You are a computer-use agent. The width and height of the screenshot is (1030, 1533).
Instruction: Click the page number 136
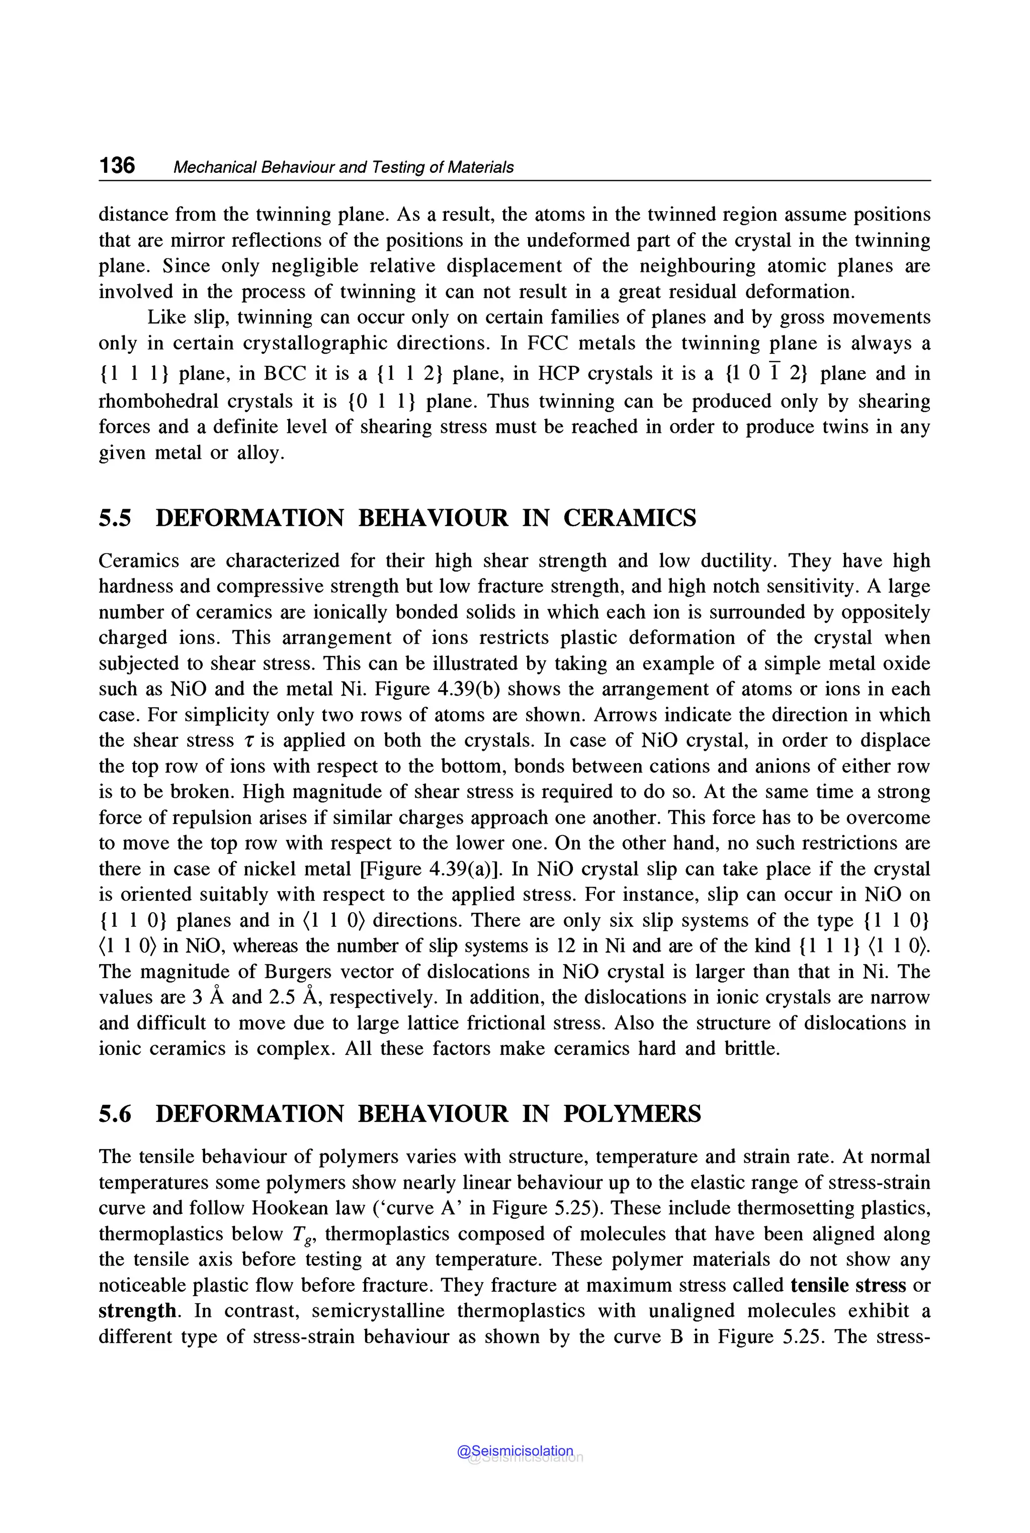click(x=117, y=165)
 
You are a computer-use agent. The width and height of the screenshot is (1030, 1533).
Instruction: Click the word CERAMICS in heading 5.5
click(x=629, y=518)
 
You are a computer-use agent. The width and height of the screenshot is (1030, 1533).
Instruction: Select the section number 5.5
click(x=115, y=518)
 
